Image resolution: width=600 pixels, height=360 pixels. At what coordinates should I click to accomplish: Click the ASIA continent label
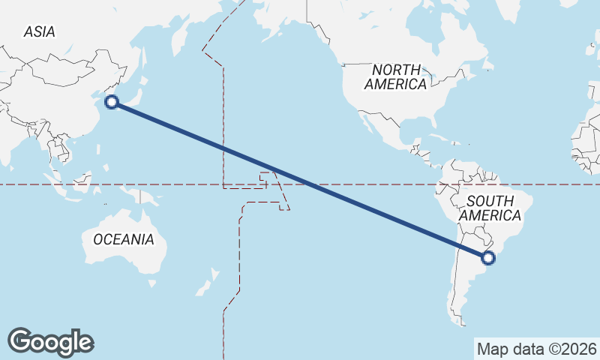[39, 31]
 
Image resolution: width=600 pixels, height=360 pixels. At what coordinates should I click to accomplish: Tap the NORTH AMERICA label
[395, 76]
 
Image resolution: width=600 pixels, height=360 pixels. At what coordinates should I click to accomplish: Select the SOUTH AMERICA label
[490, 208]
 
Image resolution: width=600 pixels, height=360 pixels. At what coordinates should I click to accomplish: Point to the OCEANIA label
[123, 239]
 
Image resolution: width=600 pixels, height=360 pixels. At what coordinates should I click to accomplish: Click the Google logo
[50, 341]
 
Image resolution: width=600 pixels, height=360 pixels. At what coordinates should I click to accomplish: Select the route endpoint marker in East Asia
[112, 102]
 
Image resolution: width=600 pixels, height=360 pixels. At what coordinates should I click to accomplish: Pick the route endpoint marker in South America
[488, 258]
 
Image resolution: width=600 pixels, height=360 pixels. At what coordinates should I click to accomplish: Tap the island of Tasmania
[152, 283]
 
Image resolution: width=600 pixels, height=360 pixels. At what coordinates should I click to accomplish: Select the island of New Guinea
[146, 197]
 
